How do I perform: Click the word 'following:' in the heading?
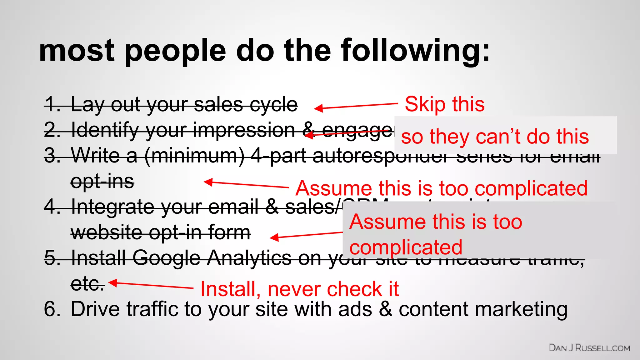(x=416, y=51)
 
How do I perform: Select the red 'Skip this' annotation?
(x=444, y=104)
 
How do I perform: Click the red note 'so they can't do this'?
(x=495, y=137)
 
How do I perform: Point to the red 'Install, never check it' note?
(x=299, y=289)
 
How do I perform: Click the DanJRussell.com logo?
(x=589, y=348)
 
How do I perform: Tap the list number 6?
(x=52, y=309)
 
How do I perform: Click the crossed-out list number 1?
(x=52, y=104)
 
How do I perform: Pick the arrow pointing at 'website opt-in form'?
(x=306, y=235)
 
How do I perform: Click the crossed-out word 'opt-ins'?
(x=102, y=182)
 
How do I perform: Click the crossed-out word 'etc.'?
(x=87, y=284)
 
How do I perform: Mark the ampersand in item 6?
(x=386, y=309)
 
